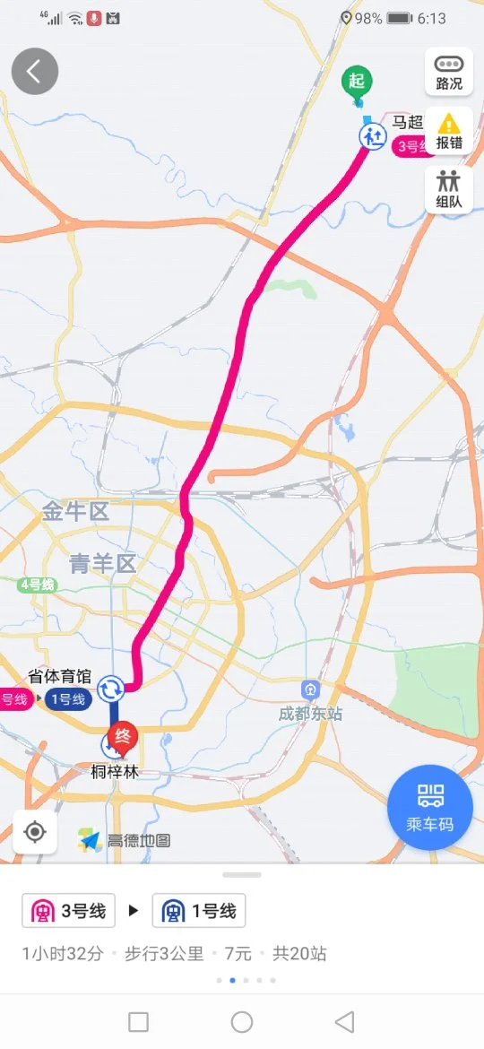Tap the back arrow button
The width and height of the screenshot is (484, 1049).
[35, 72]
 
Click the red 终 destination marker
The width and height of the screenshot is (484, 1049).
[123, 737]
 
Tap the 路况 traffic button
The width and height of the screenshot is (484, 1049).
[449, 72]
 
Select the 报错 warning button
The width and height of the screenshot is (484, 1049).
[449, 131]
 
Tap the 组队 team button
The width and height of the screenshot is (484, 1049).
[449, 189]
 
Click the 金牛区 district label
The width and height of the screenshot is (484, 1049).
[75, 512]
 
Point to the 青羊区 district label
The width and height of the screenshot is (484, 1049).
[102, 564]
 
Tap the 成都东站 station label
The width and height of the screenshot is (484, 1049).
[310, 714]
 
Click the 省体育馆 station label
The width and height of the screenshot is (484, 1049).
[61, 678]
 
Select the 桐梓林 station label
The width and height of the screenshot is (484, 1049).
[115, 772]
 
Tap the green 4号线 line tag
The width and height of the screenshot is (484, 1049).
[38, 585]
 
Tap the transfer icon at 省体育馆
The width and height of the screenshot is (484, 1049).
[111, 689]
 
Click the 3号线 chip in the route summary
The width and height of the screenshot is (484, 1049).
[69, 912]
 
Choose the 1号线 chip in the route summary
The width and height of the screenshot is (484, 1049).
[199, 912]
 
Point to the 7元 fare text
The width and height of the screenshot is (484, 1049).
[231, 954]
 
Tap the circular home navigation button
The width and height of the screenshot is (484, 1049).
[242, 1021]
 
